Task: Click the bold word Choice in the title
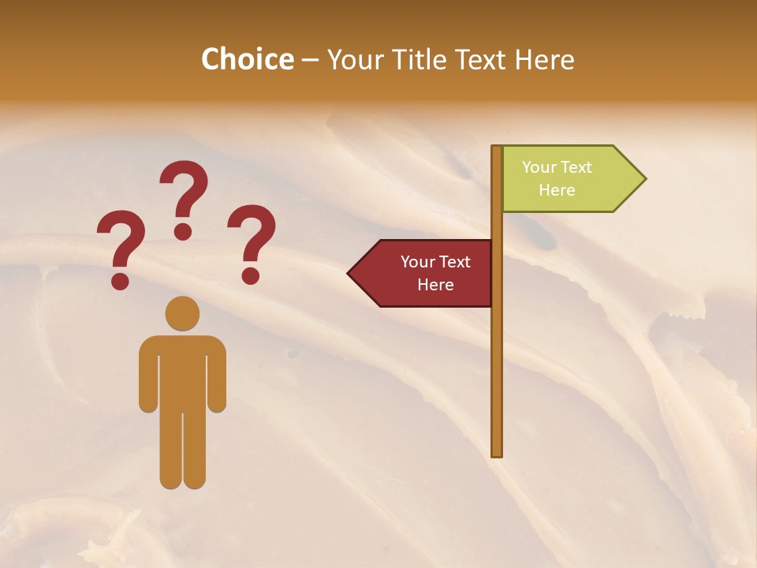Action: [x=247, y=59]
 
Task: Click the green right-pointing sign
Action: [x=568, y=179]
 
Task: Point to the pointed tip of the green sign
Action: [x=644, y=179]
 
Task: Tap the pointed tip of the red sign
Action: [x=349, y=274]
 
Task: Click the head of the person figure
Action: [x=183, y=313]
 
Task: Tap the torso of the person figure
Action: [x=183, y=371]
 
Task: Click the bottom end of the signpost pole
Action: [x=497, y=452]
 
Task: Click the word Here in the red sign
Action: [x=435, y=285]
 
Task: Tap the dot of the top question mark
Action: [x=183, y=231]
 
